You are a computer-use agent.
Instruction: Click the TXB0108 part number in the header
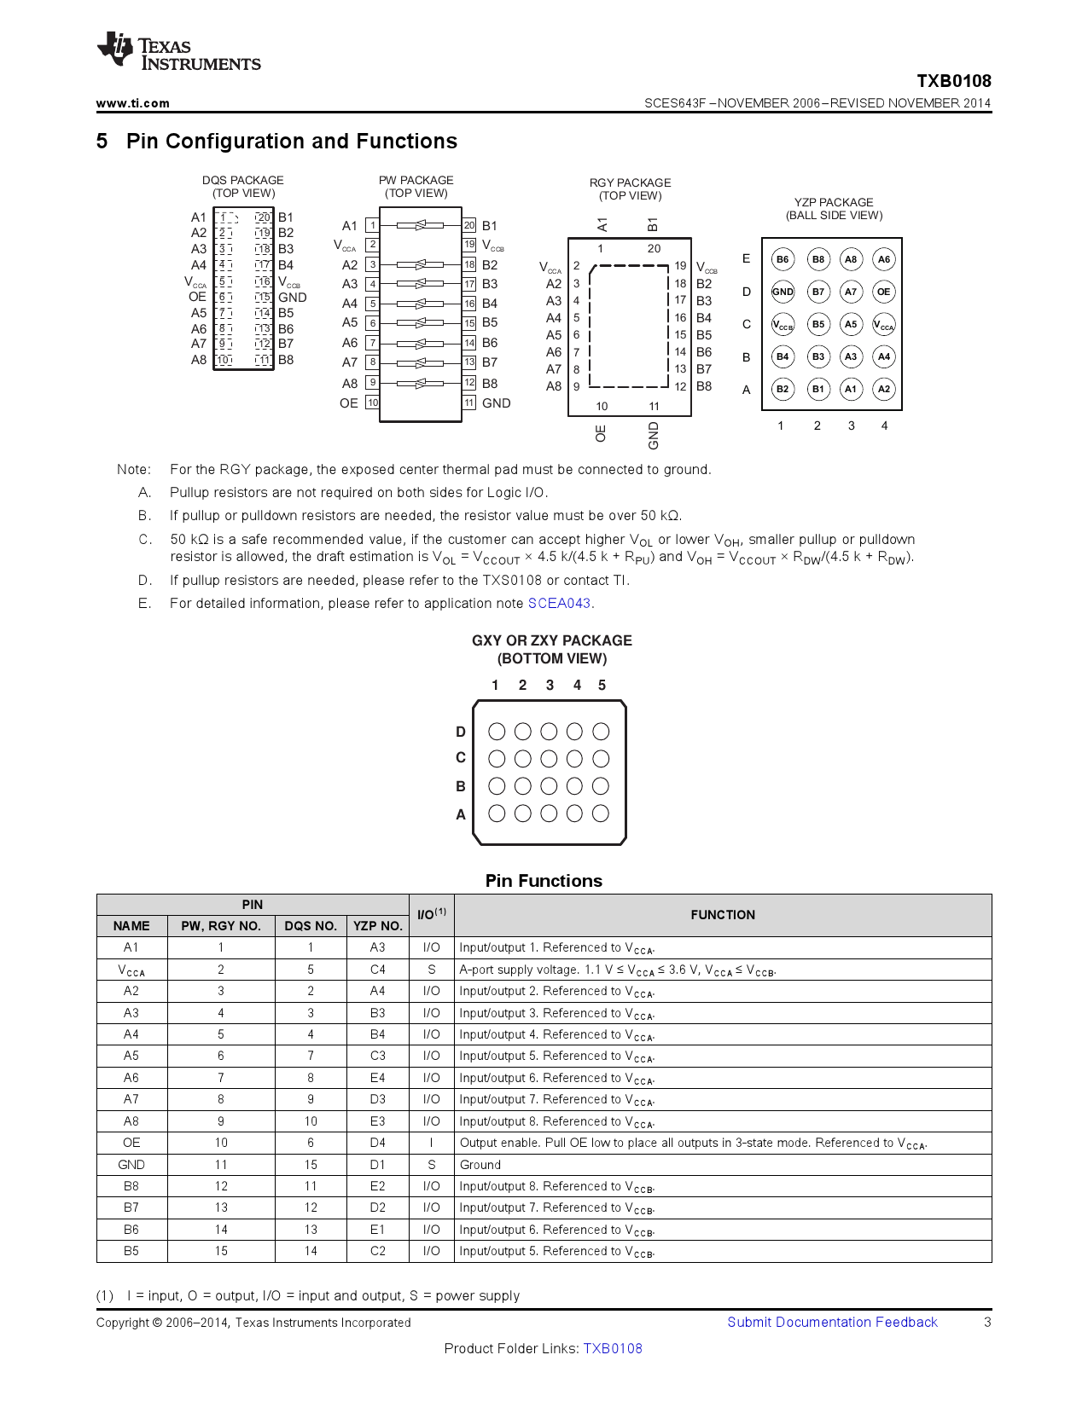pyautogui.click(x=953, y=81)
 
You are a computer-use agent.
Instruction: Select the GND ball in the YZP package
pyautogui.click(x=783, y=292)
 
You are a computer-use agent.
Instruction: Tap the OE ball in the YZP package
pyautogui.click(x=884, y=292)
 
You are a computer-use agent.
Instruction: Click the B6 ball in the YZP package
pyautogui.click(x=783, y=259)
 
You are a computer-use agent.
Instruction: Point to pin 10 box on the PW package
pyautogui.click(x=373, y=402)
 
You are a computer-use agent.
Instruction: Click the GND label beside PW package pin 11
pyautogui.click(x=496, y=403)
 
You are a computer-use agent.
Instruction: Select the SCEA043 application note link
pyautogui.click(x=559, y=603)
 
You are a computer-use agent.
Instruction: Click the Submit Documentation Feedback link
pyautogui.click(x=832, y=1322)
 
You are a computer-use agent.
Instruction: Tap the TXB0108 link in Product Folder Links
pyautogui.click(x=613, y=1348)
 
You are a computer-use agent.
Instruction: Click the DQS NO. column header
pyautogui.click(x=311, y=926)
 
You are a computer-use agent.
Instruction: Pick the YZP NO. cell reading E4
pyautogui.click(x=378, y=1078)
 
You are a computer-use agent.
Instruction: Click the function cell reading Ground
pyautogui.click(x=480, y=1165)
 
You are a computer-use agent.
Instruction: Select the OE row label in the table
pyautogui.click(x=131, y=1143)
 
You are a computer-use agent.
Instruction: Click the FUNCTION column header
pyautogui.click(x=723, y=915)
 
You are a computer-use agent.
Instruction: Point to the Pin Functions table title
pyautogui.click(x=544, y=881)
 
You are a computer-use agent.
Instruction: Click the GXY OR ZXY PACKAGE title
pyautogui.click(x=552, y=640)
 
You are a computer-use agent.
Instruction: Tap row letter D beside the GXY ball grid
pyautogui.click(x=461, y=732)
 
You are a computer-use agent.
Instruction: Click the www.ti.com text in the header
pyautogui.click(x=132, y=103)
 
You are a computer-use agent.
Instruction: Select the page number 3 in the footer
pyautogui.click(x=987, y=1322)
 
